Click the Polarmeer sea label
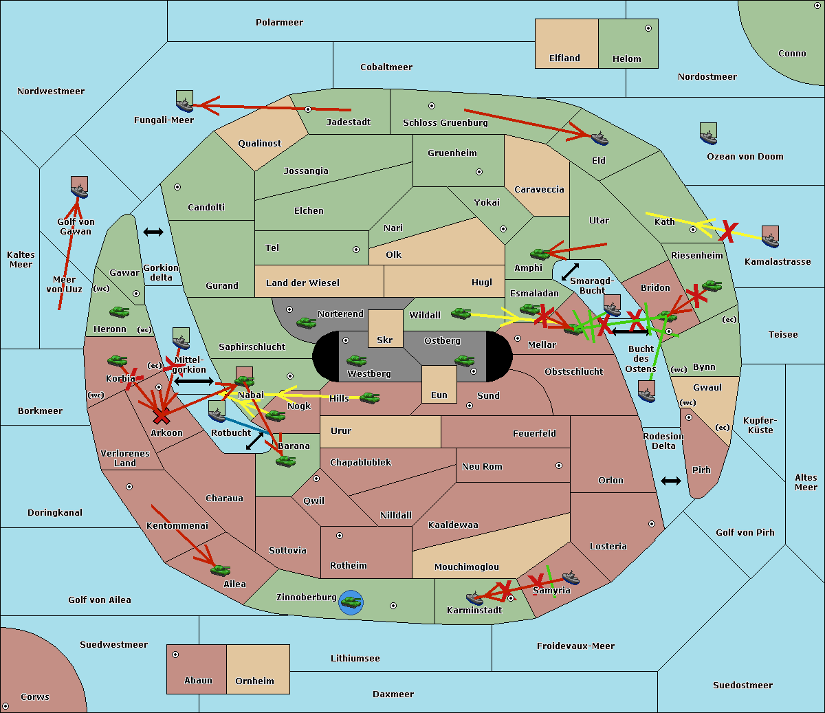coord(279,23)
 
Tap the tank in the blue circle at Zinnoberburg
coord(351,602)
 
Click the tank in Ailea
coord(220,570)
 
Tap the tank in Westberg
coord(356,360)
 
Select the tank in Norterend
coord(306,322)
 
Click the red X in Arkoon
coord(162,417)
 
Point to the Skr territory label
coord(385,340)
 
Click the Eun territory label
coord(439,395)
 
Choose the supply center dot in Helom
coord(648,28)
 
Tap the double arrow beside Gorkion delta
coord(153,232)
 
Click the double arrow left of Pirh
coord(671,481)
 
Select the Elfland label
coord(564,58)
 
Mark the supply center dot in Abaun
coord(175,655)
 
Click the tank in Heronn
coord(120,311)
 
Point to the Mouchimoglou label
coord(467,567)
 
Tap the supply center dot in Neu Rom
coord(559,465)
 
